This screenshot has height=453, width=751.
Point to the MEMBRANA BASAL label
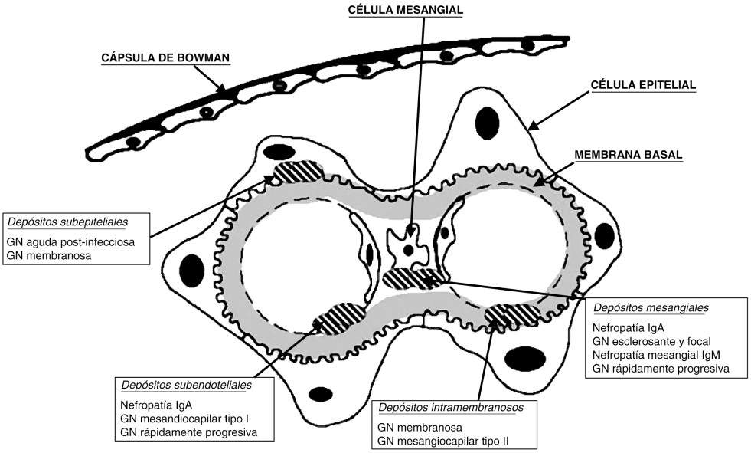point(629,154)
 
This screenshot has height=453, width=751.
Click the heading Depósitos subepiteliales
point(67,222)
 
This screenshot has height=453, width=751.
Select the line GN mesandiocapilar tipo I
point(184,419)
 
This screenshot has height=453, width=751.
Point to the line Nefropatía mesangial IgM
point(657,354)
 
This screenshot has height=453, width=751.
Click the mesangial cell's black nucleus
point(410,249)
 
